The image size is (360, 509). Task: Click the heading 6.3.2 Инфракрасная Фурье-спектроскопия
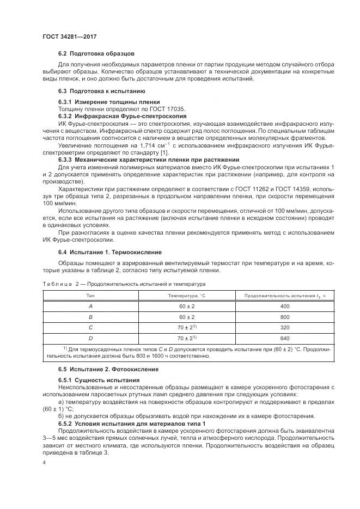(123, 116)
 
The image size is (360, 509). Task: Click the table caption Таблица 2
(60, 284)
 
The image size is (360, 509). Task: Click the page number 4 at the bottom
(44, 463)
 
